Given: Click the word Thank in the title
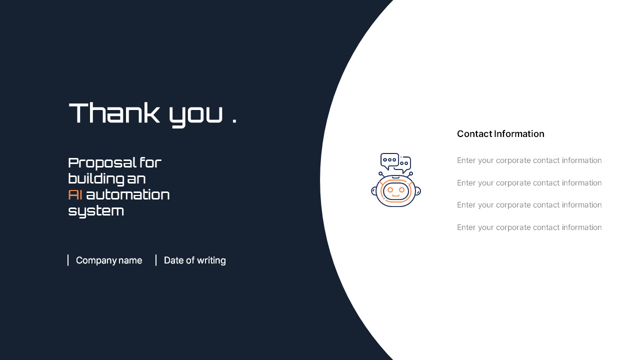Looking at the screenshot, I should (x=114, y=113).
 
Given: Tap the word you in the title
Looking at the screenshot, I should (x=195, y=115).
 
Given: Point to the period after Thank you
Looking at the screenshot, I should (x=234, y=121).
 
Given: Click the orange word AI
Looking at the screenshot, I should (x=75, y=194).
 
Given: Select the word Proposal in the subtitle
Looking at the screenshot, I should (x=102, y=163).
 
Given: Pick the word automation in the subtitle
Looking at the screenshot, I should (x=128, y=194).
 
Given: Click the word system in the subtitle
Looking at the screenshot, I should (x=96, y=211).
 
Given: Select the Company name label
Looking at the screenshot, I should (x=109, y=260).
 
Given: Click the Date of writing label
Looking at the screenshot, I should (x=195, y=260).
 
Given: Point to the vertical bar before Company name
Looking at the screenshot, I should (x=68, y=260).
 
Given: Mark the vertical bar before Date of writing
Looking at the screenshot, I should (x=156, y=260).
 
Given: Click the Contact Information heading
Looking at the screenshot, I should (x=500, y=134).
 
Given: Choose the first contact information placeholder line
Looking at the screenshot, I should (x=529, y=160).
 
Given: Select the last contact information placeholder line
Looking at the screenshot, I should (x=529, y=227).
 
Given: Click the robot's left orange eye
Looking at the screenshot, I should (x=390, y=190).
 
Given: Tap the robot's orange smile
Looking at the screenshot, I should (x=396, y=195).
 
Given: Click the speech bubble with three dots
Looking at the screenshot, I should (x=389, y=160).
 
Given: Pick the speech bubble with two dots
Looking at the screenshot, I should (x=404, y=164).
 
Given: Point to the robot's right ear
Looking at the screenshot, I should (x=418, y=191).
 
